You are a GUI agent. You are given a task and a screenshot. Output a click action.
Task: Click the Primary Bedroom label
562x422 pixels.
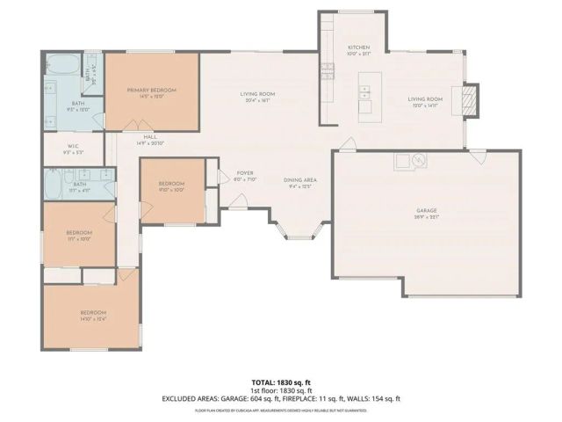151,91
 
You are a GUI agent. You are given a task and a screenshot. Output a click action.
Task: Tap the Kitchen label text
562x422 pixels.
358,49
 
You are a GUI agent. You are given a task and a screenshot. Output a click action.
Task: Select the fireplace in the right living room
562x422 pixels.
472,100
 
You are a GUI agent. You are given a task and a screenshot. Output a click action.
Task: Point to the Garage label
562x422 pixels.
427,212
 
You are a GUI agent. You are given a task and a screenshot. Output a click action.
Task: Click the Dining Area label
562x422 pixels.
299,182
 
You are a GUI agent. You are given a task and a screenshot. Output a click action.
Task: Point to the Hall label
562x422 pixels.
150,138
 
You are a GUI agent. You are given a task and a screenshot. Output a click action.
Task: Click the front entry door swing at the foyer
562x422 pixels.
234,203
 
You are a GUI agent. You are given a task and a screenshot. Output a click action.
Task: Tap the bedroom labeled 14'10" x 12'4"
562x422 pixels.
93,315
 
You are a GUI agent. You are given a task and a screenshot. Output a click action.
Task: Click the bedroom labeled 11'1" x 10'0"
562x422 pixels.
79,234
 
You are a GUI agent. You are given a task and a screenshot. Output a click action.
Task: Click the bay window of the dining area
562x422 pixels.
292,232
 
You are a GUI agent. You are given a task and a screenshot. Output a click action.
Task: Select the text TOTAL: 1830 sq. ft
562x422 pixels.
281,382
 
